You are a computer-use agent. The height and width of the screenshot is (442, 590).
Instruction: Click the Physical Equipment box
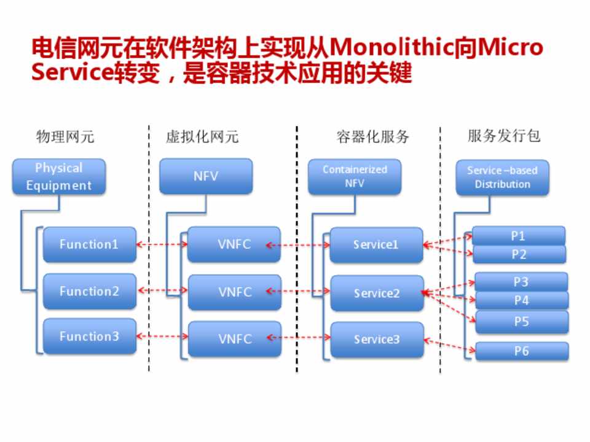59,177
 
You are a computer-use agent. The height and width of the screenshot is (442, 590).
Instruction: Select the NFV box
206,176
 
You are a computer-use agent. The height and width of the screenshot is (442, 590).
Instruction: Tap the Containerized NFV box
355,177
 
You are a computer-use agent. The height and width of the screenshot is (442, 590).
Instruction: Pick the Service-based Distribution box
502,177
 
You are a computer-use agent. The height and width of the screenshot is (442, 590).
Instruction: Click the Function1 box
89,244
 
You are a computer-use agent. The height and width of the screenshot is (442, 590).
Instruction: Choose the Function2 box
89,291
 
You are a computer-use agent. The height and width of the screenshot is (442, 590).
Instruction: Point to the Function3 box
89,336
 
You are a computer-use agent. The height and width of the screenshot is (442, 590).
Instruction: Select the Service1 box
376,245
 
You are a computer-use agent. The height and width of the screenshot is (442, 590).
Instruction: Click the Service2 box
377,293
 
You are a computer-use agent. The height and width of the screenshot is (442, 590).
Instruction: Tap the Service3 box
377,339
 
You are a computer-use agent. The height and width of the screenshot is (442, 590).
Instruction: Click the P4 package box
522,301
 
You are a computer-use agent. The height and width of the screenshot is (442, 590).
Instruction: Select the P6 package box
522,351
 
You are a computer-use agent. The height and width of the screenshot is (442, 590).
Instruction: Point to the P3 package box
521,282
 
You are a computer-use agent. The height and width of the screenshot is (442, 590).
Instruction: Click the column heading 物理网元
65,136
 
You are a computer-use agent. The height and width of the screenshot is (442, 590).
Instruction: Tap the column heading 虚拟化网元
202,136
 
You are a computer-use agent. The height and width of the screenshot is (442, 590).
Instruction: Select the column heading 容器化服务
372,136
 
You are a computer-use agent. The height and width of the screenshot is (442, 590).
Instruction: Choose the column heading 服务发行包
504,136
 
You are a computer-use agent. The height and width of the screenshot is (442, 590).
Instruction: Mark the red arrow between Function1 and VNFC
162,244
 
